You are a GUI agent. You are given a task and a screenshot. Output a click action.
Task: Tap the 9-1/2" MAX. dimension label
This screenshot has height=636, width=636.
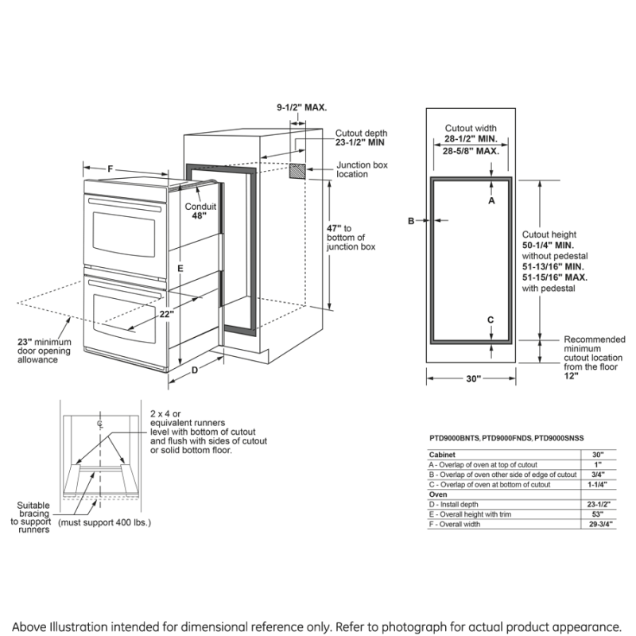pos(301,107)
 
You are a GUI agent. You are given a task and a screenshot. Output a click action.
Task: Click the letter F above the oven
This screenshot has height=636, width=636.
pos(111,169)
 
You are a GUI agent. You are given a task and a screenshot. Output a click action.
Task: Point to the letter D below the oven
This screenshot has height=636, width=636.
pos(194,369)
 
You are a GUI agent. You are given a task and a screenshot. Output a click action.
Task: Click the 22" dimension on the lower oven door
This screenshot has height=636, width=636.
pos(166,313)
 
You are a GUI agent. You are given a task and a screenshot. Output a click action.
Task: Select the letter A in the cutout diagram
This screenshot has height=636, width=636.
pos(491,201)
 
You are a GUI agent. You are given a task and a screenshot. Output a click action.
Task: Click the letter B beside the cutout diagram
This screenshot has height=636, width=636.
pos(411,221)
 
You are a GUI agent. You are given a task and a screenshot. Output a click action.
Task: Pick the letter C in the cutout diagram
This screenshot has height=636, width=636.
pos(491,320)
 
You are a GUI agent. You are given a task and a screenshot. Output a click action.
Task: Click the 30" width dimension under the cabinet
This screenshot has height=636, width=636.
pos(474,379)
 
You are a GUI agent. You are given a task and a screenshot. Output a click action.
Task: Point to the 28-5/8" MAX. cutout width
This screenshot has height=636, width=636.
pos(471,150)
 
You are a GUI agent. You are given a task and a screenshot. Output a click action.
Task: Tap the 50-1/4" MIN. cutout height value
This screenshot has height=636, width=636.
pos(548,246)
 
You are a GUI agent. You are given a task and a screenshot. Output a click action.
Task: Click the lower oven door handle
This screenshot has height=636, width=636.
pos(127,282)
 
